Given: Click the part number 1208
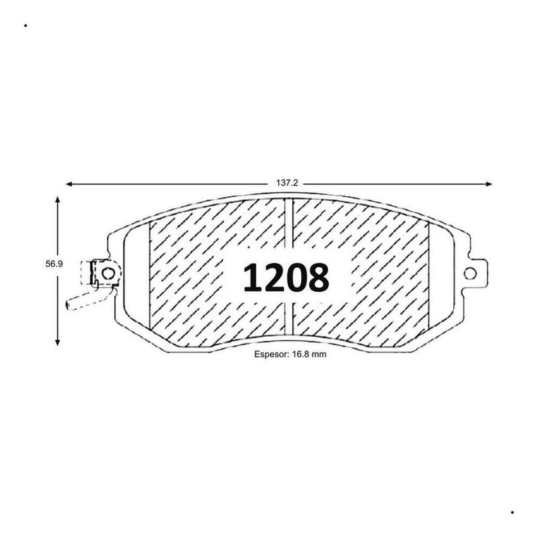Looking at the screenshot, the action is [286, 278].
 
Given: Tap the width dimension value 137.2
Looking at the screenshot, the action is [287, 183].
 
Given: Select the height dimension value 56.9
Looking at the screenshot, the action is [54, 264].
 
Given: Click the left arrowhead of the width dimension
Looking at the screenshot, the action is [69, 184].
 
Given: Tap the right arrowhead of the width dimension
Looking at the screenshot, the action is [489, 184].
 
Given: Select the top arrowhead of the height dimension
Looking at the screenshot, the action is [57, 200].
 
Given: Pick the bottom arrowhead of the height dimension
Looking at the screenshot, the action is [57, 342].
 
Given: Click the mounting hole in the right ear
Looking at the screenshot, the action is [470, 273].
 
